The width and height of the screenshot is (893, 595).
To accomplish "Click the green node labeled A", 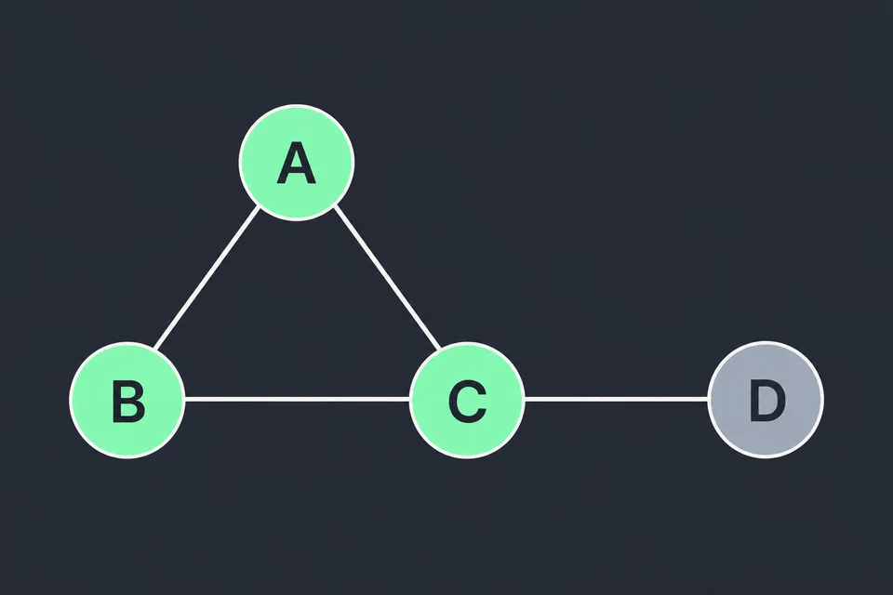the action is click(x=296, y=163).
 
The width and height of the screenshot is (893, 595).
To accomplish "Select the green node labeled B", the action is click(x=127, y=400).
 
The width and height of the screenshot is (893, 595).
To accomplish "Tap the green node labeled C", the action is click(x=467, y=400).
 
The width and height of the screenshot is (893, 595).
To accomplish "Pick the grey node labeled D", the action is click(x=766, y=400).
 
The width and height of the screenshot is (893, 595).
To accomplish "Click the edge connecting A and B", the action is click(x=207, y=278).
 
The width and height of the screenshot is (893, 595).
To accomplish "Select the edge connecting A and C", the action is click(x=387, y=277).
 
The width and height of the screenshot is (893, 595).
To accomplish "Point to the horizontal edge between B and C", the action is click(x=298, y=400).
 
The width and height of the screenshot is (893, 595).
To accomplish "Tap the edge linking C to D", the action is click(x=616, y=400).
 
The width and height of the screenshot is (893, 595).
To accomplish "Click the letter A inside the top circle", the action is click(x=296, y=163).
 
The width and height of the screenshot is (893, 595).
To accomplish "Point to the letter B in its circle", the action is click(x=128, y=402).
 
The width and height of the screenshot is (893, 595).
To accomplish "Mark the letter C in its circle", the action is click(x=467, y=402).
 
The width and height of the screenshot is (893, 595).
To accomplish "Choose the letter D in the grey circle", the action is click(x=767, y=401).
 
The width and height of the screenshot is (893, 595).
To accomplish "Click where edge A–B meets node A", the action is click(x=260, y=207).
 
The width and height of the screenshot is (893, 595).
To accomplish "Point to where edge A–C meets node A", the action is click(x=334, y=206).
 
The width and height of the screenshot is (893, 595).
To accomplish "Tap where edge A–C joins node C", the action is click(x=440, y=349).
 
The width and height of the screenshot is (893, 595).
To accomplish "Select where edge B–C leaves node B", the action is click(x=185, y=400).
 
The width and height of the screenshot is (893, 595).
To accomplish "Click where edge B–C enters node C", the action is click(x=409, y=400).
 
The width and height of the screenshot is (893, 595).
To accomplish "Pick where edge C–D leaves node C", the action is click(x=525, y=400).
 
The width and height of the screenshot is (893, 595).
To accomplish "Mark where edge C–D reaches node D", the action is click(x=708, y=400).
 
